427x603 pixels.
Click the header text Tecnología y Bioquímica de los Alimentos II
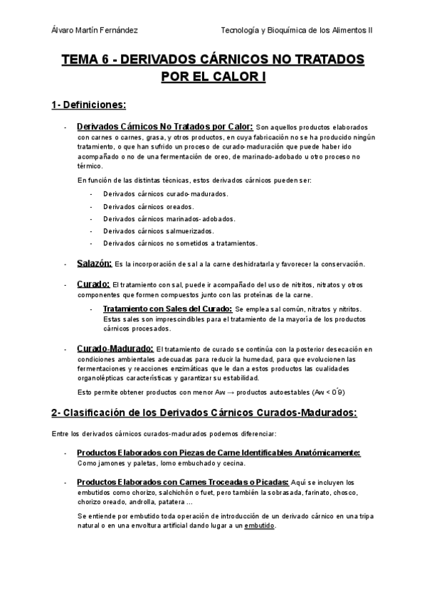tap(301, 30)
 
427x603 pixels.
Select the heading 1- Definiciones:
tap(88, 105)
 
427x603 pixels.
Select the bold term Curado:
tap(93, 284)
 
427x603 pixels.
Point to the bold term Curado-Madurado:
tap(115, 348)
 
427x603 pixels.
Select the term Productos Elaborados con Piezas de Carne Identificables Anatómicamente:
tap(218, 453)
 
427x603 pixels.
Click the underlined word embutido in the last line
tap(260, 526)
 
